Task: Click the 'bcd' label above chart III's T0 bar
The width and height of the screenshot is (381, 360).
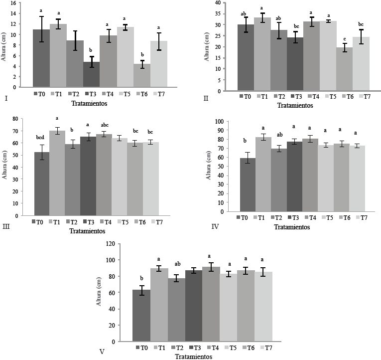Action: tap(41, 136)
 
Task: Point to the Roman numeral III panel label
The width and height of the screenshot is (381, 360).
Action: tap(6, 226)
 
